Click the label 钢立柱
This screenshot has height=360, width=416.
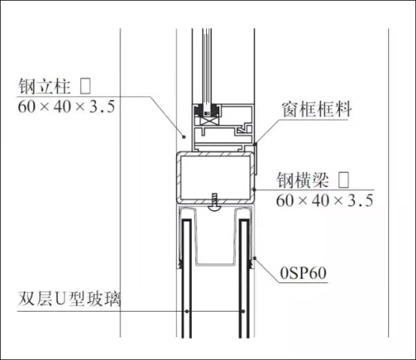(44, 86)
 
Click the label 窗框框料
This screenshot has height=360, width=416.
(317, 109)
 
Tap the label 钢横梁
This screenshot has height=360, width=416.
(302, 180)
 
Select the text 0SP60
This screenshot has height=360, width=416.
(303, 273)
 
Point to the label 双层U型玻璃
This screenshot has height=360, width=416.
(69, 299)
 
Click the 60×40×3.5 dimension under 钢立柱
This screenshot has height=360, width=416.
(66, 106)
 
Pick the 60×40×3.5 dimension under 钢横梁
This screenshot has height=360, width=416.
(324, 200)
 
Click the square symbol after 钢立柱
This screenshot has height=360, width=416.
(86, 86)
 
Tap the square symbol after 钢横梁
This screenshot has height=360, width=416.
(344, 180)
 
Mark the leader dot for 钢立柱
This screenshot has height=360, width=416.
(184, 137)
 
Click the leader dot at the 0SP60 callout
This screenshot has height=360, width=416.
(255, 258)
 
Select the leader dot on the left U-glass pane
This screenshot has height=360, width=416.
(187, 311)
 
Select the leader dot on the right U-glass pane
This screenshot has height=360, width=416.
(243, 311)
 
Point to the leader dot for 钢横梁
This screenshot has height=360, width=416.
(254, 190)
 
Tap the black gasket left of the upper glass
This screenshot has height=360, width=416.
(198, 111)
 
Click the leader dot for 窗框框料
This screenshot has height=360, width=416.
(255, 145)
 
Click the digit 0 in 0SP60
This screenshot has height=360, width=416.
(284, 273)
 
